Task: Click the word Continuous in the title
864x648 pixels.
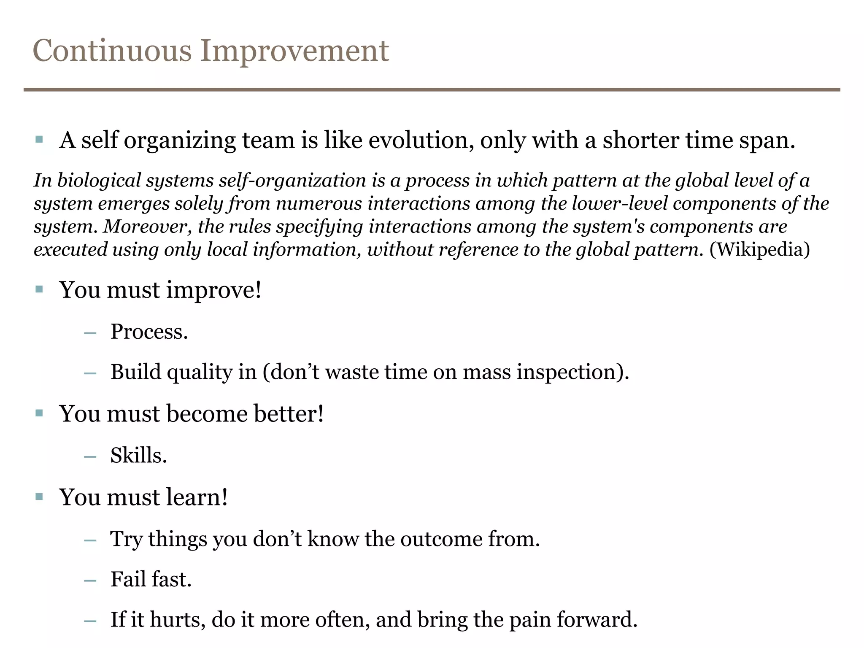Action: tap(112, 51)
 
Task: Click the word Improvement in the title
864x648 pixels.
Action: tap(294, 51)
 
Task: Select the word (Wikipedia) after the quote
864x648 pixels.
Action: tap(759, 249)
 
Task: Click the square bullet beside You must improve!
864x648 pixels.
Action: tap(39, 289)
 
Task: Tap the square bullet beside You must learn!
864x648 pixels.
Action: tap(39, 497)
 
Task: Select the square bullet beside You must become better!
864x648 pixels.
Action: tap(39, 413)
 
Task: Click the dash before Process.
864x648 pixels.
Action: tap(90, 333)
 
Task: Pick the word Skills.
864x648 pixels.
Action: tap(138, 456)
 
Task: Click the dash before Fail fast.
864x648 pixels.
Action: tap(90, 581)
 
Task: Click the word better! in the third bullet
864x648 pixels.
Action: tap(289, 413)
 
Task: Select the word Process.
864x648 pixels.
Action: tap(149, 332)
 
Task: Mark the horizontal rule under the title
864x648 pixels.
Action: tap(432, 90)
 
